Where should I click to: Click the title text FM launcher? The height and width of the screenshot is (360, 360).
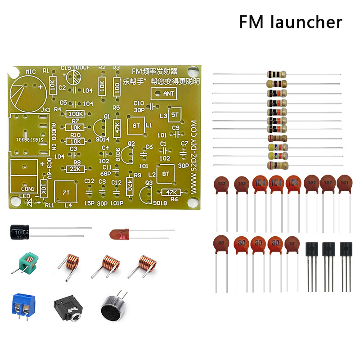(x=290, y=22)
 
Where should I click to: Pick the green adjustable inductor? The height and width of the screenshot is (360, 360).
(x=27, y=262)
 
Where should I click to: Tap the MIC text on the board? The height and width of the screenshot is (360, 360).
(x=31, y=72)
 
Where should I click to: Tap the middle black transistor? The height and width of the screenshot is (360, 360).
(x=328, y=250)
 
